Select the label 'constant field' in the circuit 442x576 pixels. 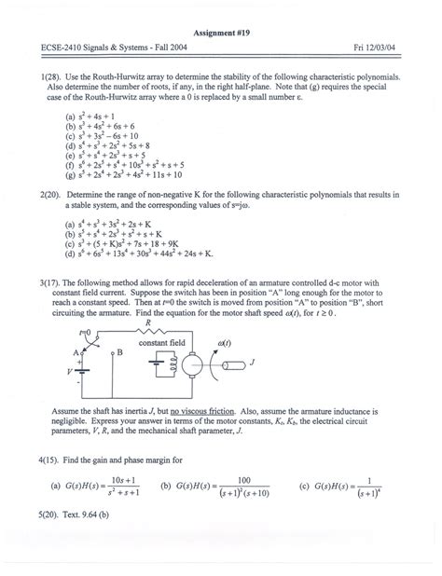pyautogui.click(x=163, y=342)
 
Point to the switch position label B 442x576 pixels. pyautogui.click(x=118, y=351)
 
